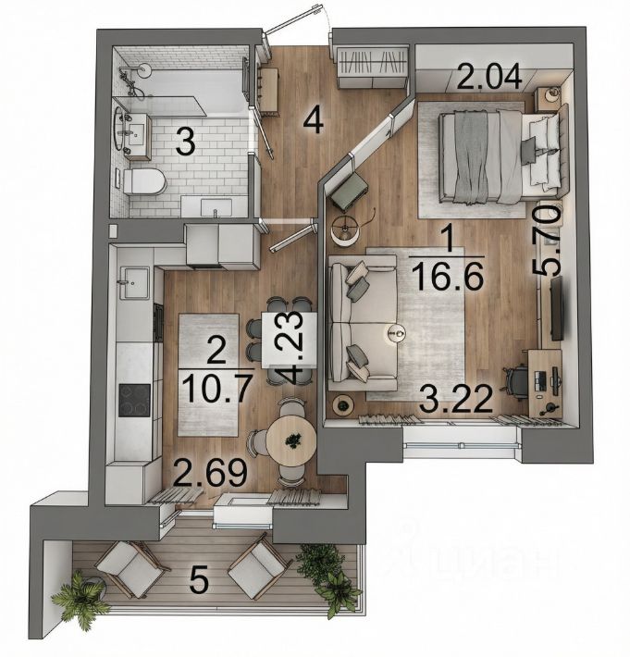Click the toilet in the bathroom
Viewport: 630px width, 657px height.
tap(144, 181)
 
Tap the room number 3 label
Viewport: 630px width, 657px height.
tap(185, 142)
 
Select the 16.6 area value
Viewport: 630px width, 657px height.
tap(448, 276)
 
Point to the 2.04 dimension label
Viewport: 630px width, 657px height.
tap(489, 76)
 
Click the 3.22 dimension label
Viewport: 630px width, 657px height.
tap(456, 399)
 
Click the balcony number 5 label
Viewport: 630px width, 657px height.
tap(199, 581)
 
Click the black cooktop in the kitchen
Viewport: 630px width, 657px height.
tap(134, 400)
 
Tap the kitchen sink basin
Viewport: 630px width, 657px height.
tap(134, 283)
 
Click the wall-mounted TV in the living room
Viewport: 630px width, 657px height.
tap(557, 308)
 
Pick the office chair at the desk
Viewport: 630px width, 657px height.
tap(517, 382)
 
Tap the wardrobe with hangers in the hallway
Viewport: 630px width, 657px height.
tap(373, 68)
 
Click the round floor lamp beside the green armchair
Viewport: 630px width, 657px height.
tap(345, 229)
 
